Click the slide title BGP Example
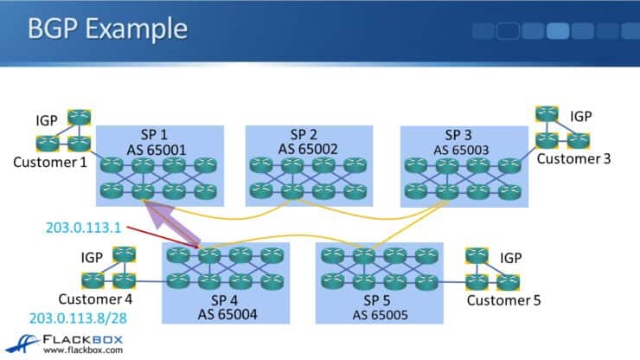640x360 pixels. click(107, 29)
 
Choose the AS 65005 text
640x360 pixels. click(378, 312)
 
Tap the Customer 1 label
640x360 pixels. click(45, 162)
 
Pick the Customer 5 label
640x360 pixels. click(506, 300)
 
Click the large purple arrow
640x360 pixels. click(172, 227)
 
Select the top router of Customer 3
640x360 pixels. click(546, 113)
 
